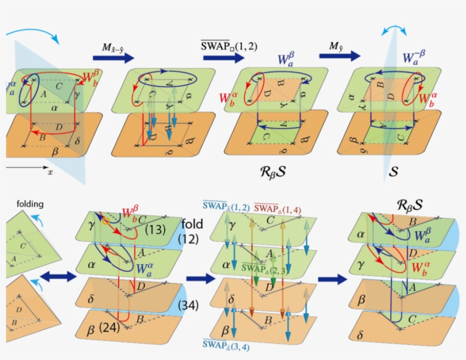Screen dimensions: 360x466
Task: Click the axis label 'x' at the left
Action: point(50,172)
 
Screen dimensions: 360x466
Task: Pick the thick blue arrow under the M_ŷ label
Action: point(340,56)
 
